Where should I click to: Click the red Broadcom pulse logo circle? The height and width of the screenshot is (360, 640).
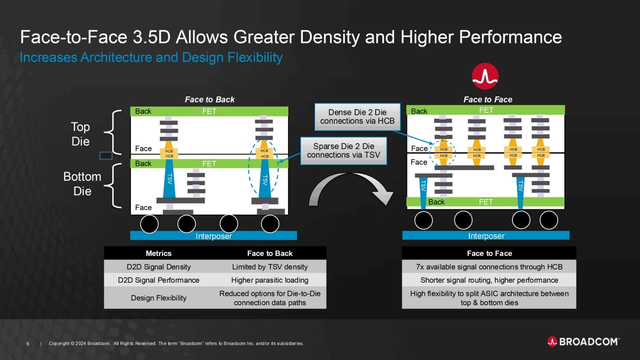point(485,76)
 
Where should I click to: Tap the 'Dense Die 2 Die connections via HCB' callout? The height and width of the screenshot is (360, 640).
point(357,117)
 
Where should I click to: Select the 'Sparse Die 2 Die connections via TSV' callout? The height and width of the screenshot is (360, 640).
point(343,150)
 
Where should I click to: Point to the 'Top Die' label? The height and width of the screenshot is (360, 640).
point(80,134)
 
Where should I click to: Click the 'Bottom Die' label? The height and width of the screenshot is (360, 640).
point(82,184)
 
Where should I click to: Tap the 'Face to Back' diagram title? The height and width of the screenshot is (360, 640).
point(210,100)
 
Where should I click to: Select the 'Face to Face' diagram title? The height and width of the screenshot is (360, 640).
point(487,100)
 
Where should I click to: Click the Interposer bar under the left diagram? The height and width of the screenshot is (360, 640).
point(213,236)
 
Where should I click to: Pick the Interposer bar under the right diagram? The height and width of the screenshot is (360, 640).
point(486,236)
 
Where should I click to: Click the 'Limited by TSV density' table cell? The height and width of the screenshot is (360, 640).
point(270,267)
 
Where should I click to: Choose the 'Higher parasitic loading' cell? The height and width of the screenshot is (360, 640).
point(270,280)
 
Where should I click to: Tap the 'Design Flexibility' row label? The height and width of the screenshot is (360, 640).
point(158,298)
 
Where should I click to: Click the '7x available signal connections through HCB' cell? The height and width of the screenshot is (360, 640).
point(489,267)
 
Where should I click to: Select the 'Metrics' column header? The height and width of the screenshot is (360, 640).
point(158,253)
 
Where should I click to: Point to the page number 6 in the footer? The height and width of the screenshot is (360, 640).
point(28,344)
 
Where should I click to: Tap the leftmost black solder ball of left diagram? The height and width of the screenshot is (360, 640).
point(149,224)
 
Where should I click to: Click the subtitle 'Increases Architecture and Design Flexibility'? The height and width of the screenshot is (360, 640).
point(151,57)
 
